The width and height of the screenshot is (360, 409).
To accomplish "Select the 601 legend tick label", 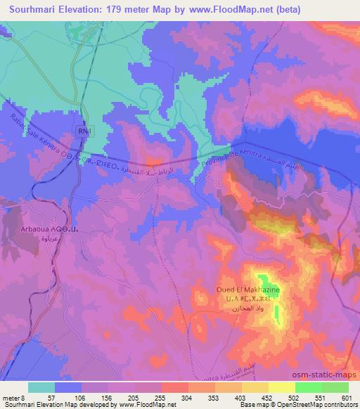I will click(348, 397).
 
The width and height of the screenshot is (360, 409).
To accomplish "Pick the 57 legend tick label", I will click(58, 397).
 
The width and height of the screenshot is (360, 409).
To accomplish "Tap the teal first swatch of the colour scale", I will click(42, 387).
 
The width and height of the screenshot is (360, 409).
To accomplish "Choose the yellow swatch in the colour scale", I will click(282, 387).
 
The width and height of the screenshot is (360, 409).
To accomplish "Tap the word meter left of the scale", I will click(12, 397).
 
